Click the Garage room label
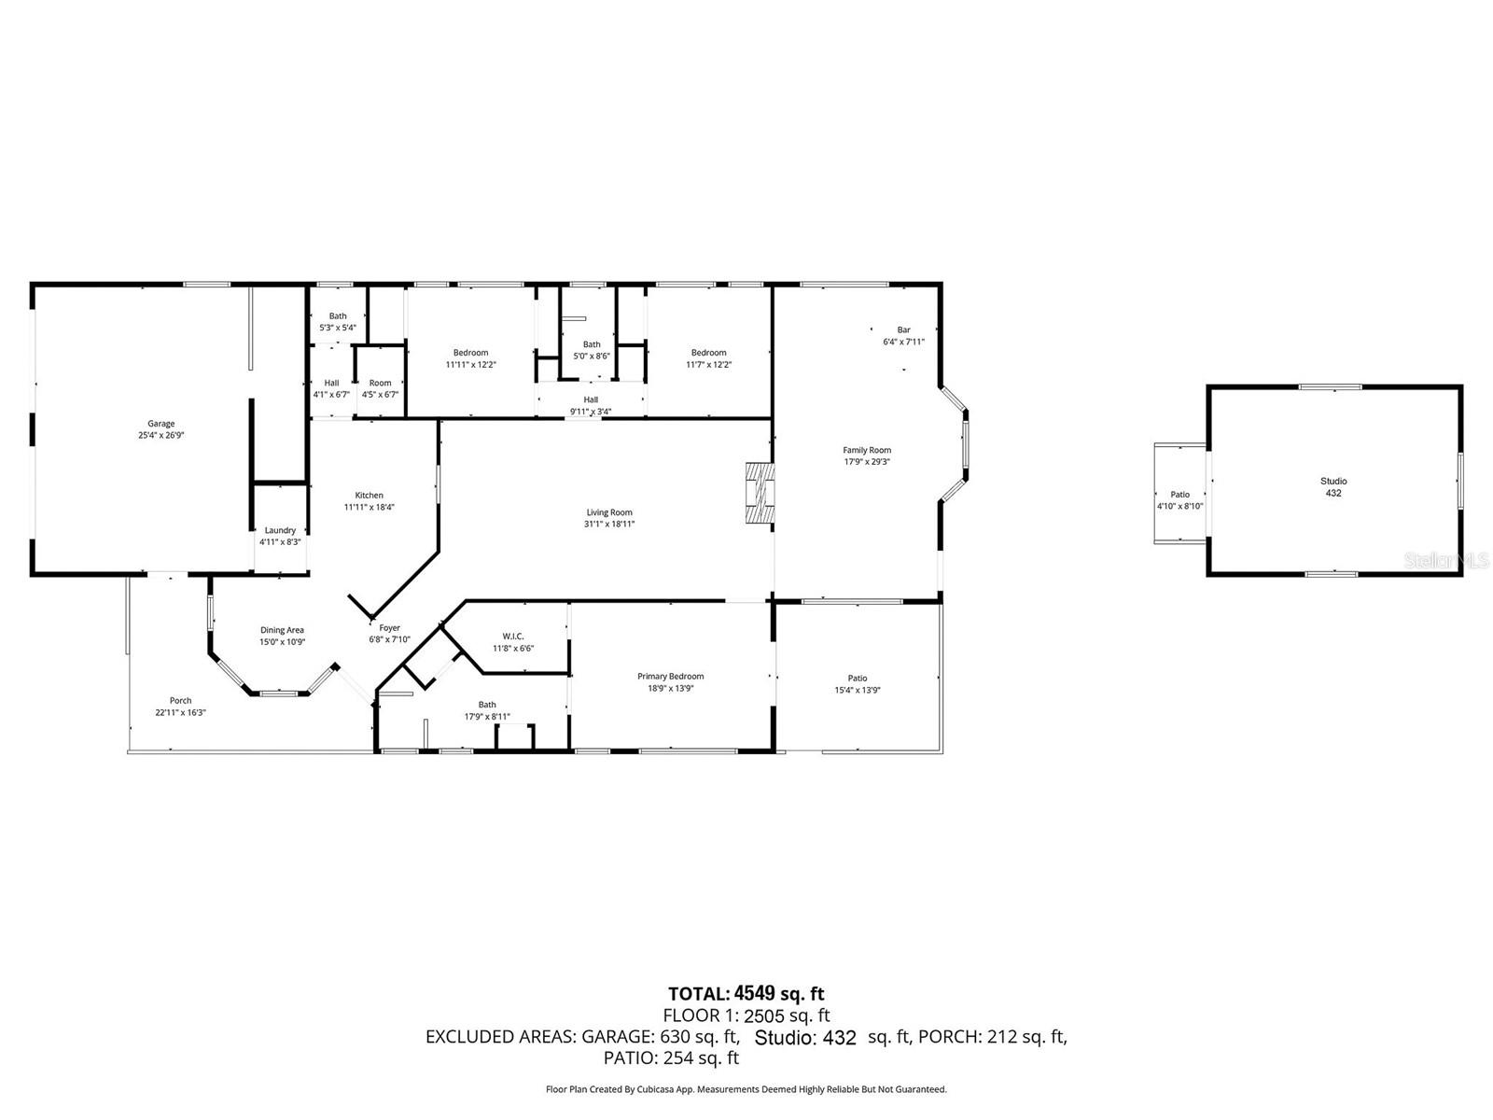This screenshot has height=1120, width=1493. coord(160,425)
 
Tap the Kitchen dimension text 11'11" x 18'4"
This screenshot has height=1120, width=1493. coord(369,508)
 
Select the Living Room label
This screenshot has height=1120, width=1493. coord(609,512)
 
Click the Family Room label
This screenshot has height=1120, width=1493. coord(867,451)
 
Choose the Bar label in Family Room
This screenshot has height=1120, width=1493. coord(903,330)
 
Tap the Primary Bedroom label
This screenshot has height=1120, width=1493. coord(670,677)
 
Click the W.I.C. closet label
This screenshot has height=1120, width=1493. coord(513,637)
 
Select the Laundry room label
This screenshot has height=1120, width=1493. coord(280,530)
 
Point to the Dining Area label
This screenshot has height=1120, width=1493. coord(282,630)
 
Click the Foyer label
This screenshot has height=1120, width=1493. coord(389,628)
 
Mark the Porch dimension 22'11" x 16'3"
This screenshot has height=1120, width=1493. coord(180,712)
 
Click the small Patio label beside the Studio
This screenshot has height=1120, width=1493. coord(1179,495)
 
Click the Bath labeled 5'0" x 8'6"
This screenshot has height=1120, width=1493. coord(592,350)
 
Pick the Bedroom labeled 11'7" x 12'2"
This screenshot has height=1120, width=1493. coord(708,358)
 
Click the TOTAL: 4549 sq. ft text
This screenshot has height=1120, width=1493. coord(746,993)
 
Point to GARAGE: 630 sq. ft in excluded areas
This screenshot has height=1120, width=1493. coord(661,1036)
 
